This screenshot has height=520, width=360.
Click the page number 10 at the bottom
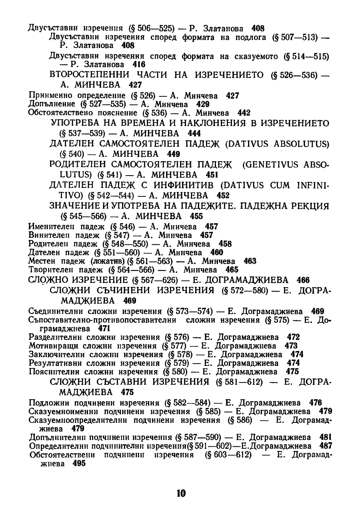tap(181, 493)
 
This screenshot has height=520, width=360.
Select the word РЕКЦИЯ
tap(307, 206)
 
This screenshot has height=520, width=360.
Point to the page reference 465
tap(232, 270)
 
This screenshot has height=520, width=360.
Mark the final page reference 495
tap(79, 463)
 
